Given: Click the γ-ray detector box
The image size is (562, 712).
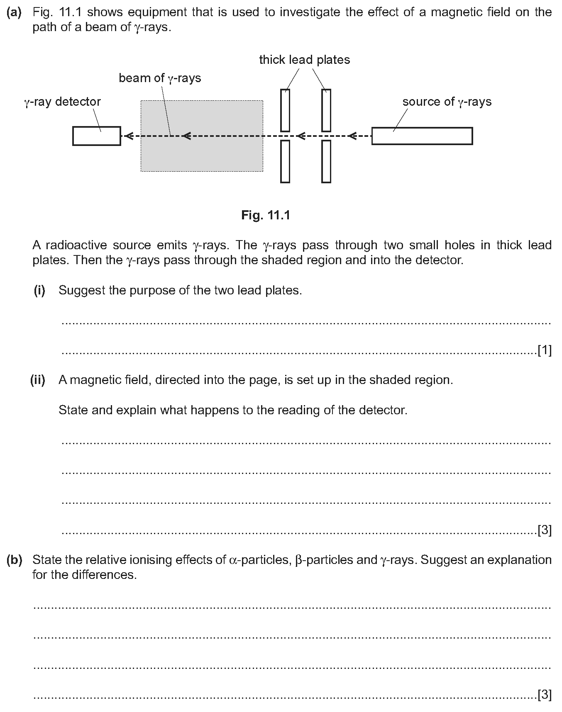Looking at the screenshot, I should [x=96, y=136].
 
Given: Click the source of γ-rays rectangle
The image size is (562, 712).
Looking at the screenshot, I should [x=422, y=136].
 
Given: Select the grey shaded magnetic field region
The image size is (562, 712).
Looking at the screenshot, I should [x=202, y=153].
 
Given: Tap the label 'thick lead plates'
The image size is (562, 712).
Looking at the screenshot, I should [x=304, y=60].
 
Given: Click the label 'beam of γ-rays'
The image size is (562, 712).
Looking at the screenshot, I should [x=160, y=78].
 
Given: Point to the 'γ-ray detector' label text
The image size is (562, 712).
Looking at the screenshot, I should [x=62, y=102].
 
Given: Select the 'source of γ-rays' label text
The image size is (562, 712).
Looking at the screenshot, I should [x=447, y=102].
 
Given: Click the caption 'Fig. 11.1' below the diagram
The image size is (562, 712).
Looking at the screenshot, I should [x=266, y=215].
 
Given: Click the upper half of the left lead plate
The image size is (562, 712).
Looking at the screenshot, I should [x=285, y=110].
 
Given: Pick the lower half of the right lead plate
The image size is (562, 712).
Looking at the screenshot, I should [x=326, y=161].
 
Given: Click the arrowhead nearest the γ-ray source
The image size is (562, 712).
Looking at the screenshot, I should [x=352, y=136].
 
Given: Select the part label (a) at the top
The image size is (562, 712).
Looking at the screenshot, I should [x=14, y=12].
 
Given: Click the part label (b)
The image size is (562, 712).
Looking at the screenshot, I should [x=14, y=560].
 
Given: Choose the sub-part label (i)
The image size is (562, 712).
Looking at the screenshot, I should [x=39, y=290].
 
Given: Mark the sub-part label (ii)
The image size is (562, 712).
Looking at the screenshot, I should [x=37, y=380].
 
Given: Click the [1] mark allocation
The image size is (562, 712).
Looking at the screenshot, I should [x=544, y=351].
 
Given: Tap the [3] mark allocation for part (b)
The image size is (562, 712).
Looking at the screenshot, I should [x=544, y=694].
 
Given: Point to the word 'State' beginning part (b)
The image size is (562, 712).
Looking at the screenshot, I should [x=47, y=560].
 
